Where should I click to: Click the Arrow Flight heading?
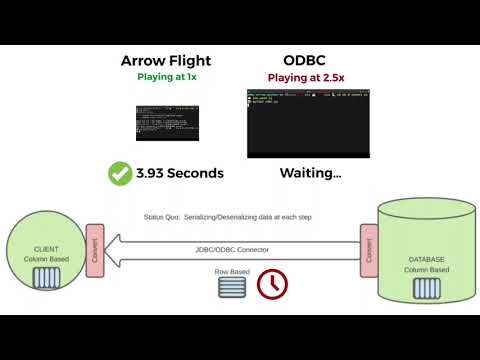[x=166, y=60]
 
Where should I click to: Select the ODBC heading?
[x=308, y=60]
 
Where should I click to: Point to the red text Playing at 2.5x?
[x=308, y=77]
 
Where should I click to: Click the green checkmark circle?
[x=122, y=173]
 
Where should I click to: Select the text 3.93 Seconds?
[x=180, y=173]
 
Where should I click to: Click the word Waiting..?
[x=310, y=173]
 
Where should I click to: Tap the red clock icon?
[x=272, y=285]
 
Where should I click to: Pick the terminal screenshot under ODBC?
[x=308, y=123]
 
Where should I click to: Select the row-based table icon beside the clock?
[x=232, y=288]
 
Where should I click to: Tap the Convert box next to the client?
[x=96, y=249]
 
